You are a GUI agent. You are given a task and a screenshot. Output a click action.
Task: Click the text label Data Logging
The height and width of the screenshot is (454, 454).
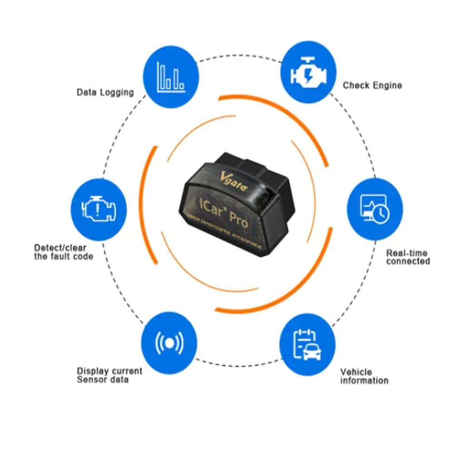105,92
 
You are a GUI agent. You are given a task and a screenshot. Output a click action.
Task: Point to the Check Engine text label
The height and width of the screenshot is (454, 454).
372,85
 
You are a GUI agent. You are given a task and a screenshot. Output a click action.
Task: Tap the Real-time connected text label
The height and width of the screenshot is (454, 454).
408,257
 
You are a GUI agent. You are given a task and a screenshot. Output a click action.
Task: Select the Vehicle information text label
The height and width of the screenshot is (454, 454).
364,376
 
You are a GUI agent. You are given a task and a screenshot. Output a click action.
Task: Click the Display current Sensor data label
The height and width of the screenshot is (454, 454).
109,375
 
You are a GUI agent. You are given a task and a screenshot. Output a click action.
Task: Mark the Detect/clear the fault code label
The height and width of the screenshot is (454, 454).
64,252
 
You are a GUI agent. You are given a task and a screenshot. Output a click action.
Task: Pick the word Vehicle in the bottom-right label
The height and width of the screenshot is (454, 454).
356,372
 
